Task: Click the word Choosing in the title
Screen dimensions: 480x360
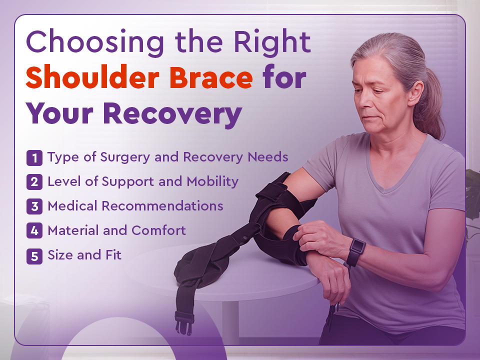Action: pyautogui.click(x=95, y=42)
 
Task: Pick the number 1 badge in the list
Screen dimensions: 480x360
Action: pyautogui.click(x=34, y=158)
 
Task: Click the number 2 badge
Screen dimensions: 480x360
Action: pyautogui.click(x=34, y=182)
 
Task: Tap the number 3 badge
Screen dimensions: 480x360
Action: pyautogui.click(x=34, y=206)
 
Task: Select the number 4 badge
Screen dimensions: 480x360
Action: pyautogui.click(x=34, y=231)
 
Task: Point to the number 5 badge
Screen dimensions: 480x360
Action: pyautogui.click(x=34, y=256)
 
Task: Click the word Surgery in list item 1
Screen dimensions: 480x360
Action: pyautogui.click(x=125, y=158)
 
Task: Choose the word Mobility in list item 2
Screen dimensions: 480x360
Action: pyautogui.click(x=212, y=181)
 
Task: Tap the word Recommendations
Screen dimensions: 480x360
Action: pyautogui.click(x=162, y=206)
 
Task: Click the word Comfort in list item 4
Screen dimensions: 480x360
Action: pyautogui.click(x=158, y=230)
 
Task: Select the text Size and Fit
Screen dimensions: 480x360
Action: pyautogui.click(x=84, y=255)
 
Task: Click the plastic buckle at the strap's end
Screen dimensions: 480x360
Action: pyautogui.click(x=184, y=322)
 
